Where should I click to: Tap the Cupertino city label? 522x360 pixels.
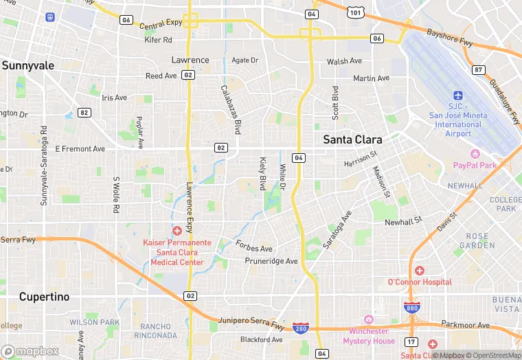click(44, 297)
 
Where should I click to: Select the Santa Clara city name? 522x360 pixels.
click(352, 139)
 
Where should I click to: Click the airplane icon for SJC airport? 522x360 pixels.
click(459, 95)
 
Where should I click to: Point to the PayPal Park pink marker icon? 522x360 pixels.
click(475, 153)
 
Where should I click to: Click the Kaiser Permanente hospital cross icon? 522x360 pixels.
click(177, 230)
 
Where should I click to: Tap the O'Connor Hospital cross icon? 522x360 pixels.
click(419, 271)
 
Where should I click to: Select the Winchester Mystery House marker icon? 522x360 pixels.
click(369, 319)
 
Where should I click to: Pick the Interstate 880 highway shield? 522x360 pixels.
click(412, 308)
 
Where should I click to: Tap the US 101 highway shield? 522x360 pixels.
click(354, 12)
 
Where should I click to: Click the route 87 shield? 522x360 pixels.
click(479, 69)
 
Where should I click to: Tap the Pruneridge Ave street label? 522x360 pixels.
click(271, 261)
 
